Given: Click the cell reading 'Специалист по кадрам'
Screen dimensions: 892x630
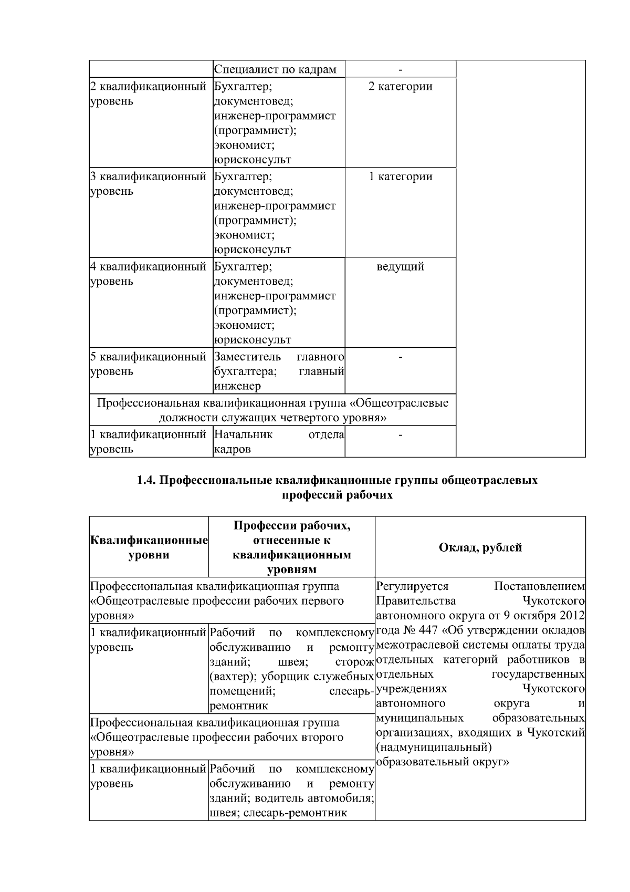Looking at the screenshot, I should [x=276, y=69].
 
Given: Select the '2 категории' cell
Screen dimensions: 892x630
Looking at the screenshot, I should [x=400, y=87].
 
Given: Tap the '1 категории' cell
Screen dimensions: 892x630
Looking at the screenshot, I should [x=400, y=177].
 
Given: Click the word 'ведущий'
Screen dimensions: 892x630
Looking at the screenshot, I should [x=400, y=267].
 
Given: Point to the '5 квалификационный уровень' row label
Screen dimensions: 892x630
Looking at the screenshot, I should [x=148, y=364].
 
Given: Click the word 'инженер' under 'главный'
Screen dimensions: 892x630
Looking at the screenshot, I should [x=237, y=387].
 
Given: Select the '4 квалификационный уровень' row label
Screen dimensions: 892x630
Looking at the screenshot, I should [x=148, y=274].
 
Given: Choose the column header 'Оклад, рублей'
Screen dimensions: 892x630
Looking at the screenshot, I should [x=480, y=547].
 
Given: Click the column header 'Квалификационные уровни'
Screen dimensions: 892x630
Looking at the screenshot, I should [x=149, y=547].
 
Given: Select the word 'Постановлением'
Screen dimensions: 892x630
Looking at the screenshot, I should [x=539, y=586].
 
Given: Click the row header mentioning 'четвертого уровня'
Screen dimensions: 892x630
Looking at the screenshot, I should [x=272, y=410].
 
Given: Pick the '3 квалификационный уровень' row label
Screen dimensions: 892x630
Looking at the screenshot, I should [x=148, y=184].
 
